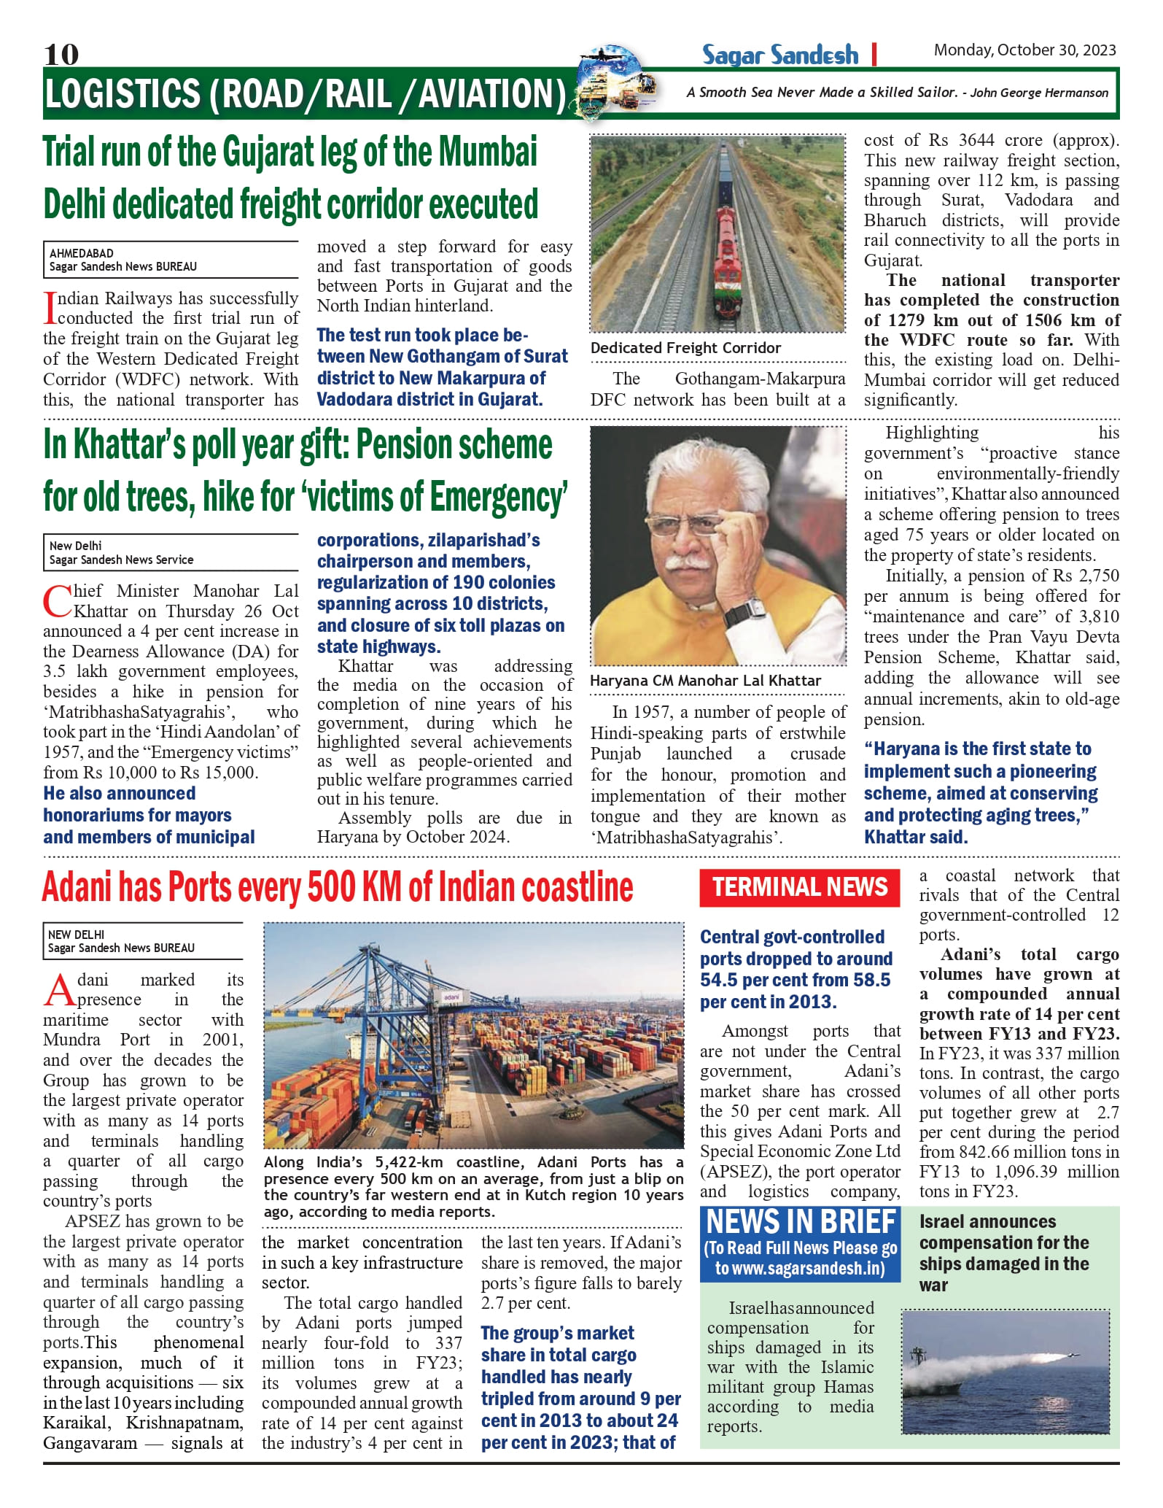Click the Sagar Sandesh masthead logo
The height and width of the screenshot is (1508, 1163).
(x=780, y=55)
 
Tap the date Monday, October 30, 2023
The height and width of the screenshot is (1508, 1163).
(x=1024, y=50)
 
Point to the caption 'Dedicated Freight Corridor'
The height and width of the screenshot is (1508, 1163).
(x=685, y=348)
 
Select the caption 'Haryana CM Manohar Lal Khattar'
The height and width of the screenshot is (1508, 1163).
(x=705, y=681)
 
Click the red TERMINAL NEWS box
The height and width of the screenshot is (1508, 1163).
(x=799, y=887)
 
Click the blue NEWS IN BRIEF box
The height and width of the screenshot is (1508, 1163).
(x=800, y=1243)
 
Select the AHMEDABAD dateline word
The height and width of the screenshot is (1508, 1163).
(x=82, y=253)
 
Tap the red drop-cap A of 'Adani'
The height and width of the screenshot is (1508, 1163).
(x=59, y=989)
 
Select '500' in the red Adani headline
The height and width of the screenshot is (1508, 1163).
(x=332, y=888)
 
